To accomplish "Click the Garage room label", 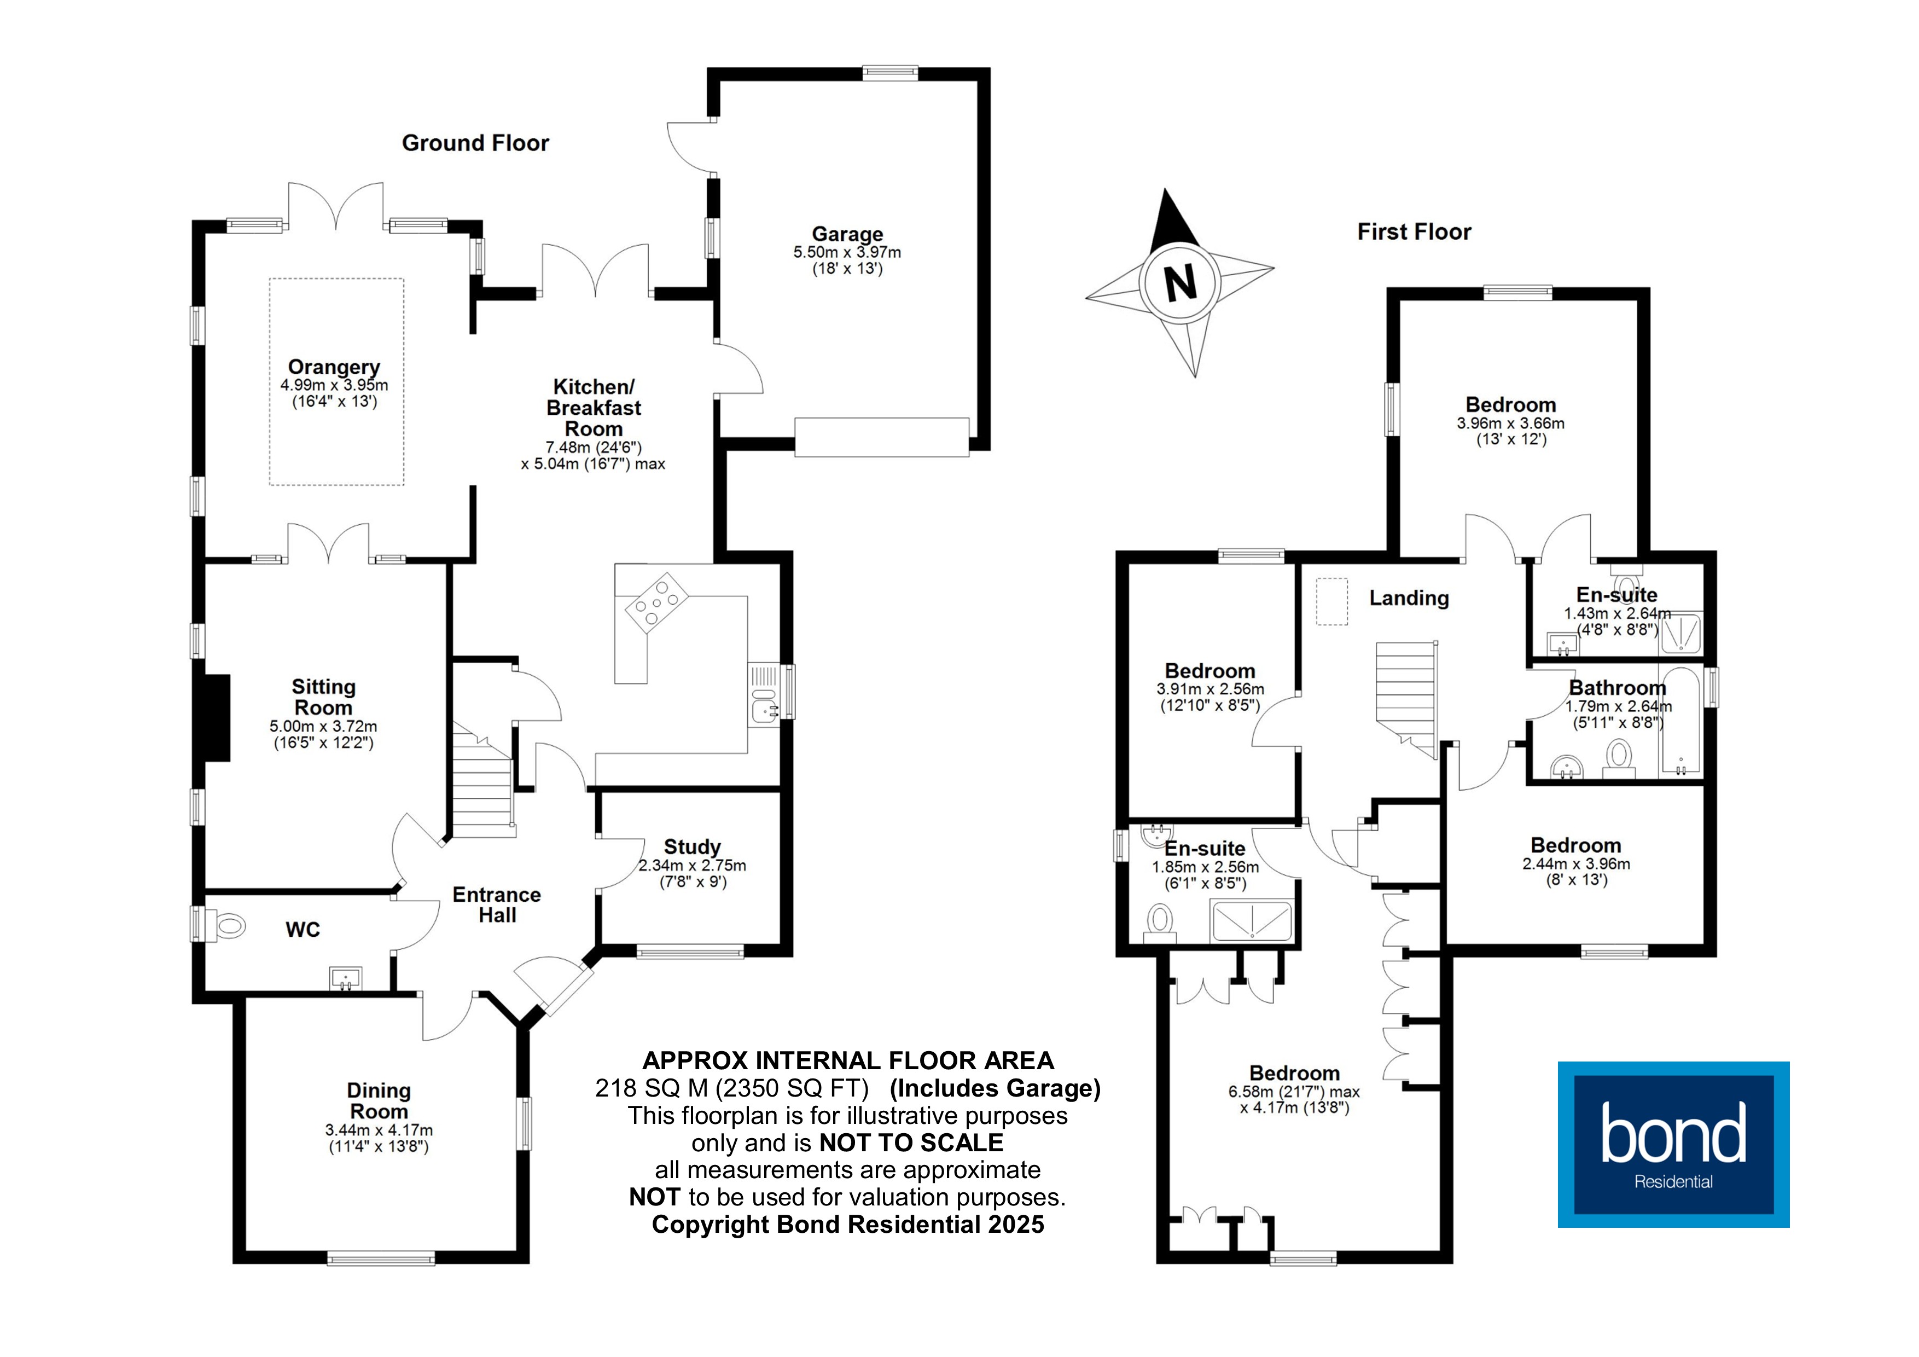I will (847, 234).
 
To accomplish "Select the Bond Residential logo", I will (1672, 1144).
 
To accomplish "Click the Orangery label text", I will (334, 367).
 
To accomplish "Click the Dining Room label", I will (379, 1101).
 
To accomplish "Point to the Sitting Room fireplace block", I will (217, 717).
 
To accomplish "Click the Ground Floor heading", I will (475, 143).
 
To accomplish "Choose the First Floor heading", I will (1414, 231).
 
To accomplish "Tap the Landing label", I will (1408, 598).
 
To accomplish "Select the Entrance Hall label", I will (497, 904).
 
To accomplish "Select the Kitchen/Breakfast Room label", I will (594, 408).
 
